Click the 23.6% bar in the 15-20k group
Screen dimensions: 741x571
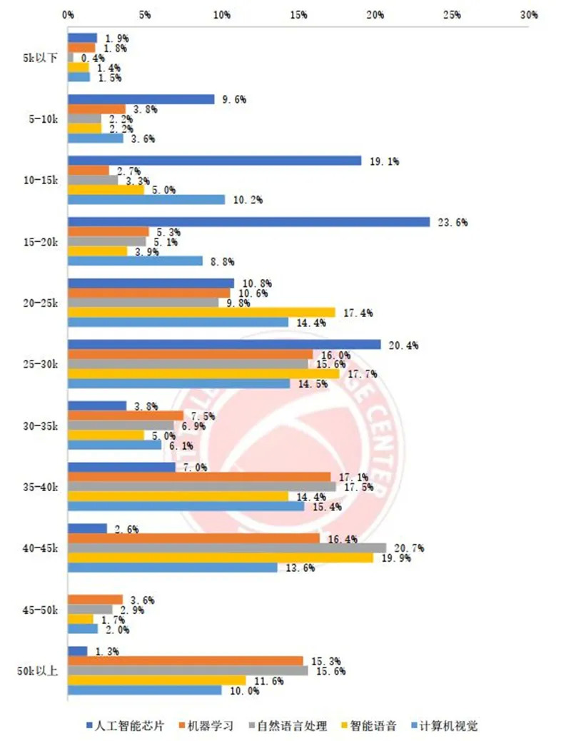pyautogui.click(x=248, y=222)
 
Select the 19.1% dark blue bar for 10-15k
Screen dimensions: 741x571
pyautogui.click(x=214, y=161)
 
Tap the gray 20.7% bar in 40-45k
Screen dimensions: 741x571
pyautogui.click(x=226, y=548)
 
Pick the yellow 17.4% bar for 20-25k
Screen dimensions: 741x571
pyautogui.click(x=201, y=312)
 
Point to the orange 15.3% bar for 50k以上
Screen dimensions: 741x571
pyautogui.click(x=185, y=660)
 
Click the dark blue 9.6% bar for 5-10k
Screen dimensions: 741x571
pyautogui.click(x=141, y=100)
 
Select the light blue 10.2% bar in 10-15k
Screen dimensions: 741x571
pyautogui.click(x=146, y=200)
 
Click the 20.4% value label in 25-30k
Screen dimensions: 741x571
pyautogui.click(x=403, y=346)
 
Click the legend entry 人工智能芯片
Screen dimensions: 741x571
pyautogui.click(x=131, y=726)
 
